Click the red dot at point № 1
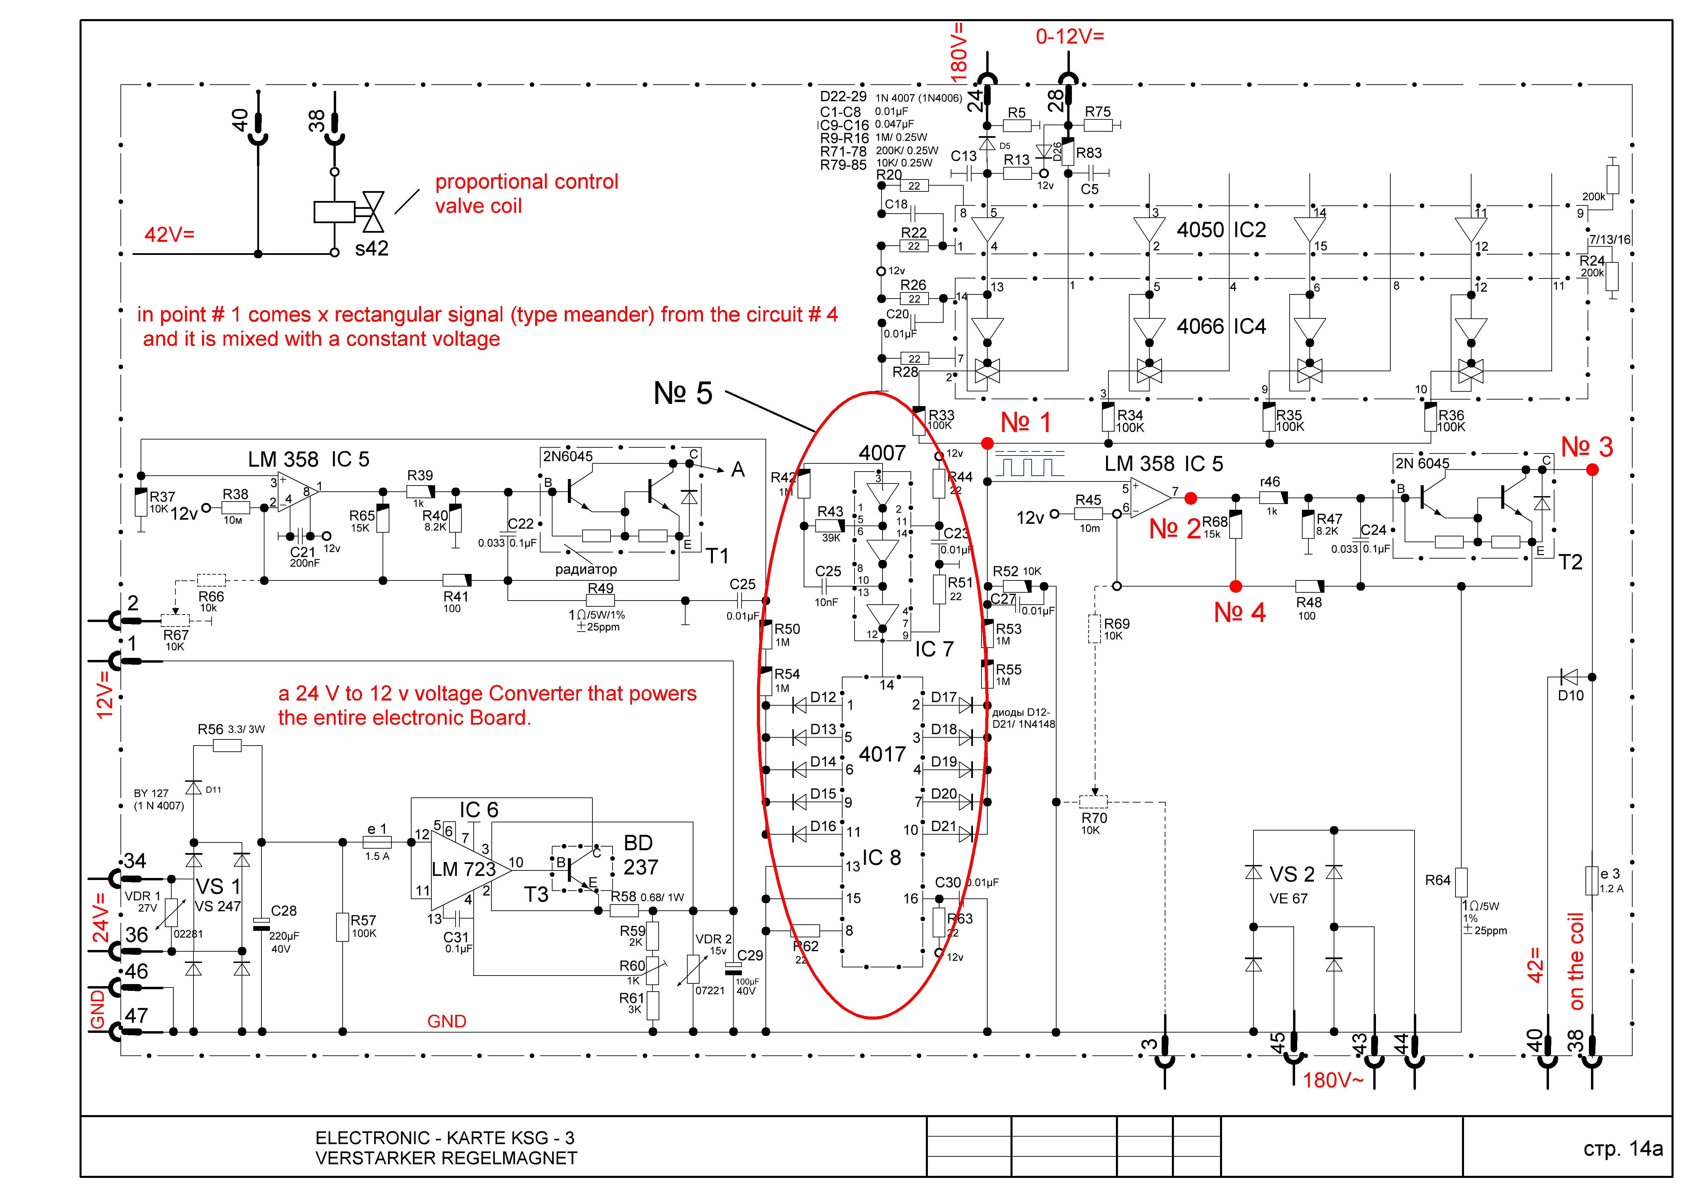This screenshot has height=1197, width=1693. [987, 443]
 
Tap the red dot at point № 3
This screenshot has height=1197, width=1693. [1593, 470]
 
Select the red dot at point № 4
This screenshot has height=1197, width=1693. [1236, 587]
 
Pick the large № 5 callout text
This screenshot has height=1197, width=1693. [683, 393]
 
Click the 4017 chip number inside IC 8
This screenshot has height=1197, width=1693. [882, 754]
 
